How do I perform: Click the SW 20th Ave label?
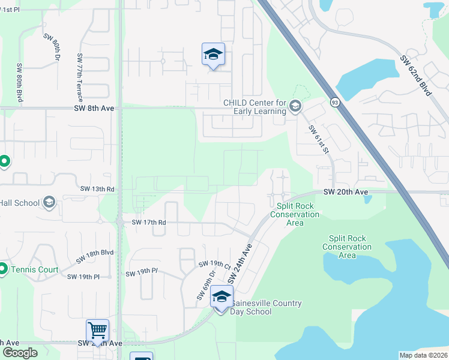pyautogui.click(x=345, y=192)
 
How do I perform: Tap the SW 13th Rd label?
pyautogui.click(x=97, y=189)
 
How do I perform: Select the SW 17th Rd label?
pyautogui.click(x=148, y=222)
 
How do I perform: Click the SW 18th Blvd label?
pyautogui.click(x=95, y=256)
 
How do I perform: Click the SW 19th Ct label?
pyautogui.click(x=215, y=265)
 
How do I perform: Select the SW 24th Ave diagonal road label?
pyautogui.click(x=239, y=263)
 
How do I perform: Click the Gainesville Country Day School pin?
pyautogui.click(x=221, y=298)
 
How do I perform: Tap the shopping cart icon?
pyautogui.click(x=97, y=329)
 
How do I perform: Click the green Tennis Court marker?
pyautogui.click(x=3, y=269)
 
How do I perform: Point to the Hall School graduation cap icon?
pyautogui.click(x=49, y=203)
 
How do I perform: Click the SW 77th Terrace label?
pyautogui.click(x=79, y=76)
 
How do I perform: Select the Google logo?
pyautogui.click(x=20, y=353)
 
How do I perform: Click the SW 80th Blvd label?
pyautogui.click(x=20, y=83)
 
